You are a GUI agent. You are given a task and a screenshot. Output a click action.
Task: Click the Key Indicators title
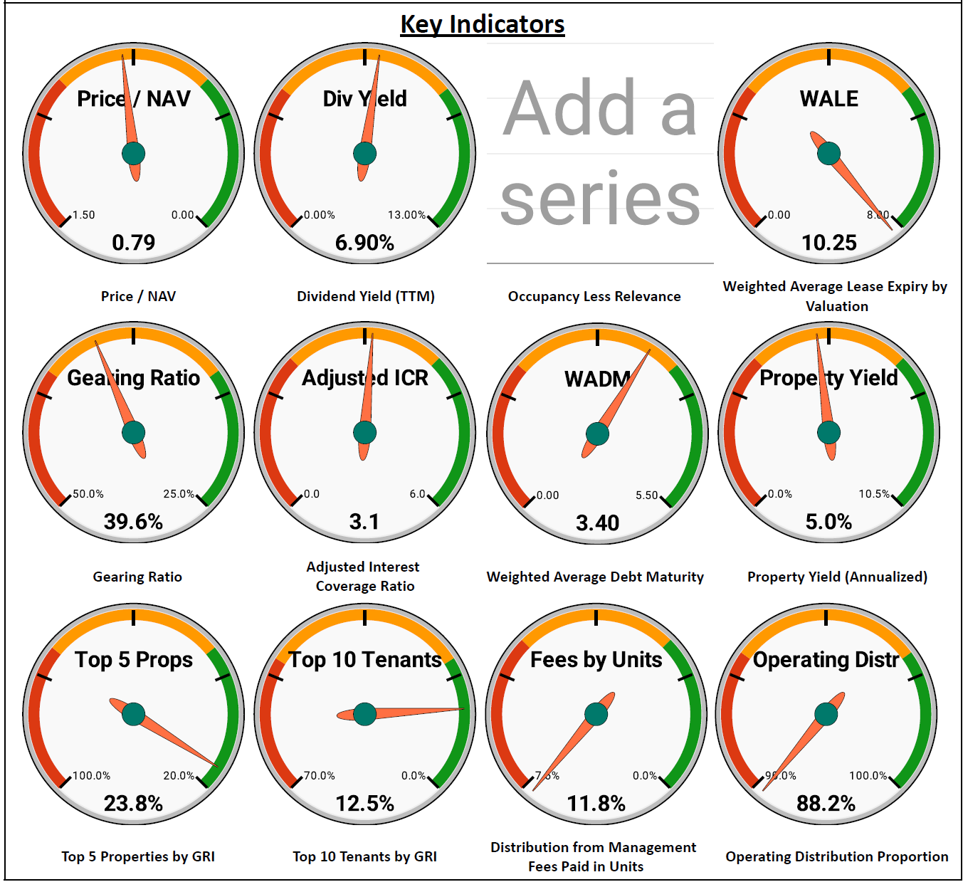pos(482,24)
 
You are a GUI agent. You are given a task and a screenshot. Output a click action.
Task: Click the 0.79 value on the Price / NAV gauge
pos(133,243)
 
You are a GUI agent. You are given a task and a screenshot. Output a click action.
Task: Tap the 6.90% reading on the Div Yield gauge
pos(364,243)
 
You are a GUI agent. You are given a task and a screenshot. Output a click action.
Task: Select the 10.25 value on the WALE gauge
pos(828,243)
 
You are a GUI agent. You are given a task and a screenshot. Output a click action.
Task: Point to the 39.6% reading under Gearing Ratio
pos(133,522)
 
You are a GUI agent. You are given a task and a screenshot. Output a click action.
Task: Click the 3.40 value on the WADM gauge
pos(597,523)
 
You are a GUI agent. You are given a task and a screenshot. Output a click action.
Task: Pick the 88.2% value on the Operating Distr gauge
pos(826,804)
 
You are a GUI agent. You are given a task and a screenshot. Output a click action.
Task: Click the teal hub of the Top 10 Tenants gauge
pos(364,713)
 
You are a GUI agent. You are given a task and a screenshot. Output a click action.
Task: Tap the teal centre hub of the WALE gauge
pos(828,153)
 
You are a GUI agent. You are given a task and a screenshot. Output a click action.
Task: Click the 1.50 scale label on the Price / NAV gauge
pos(84,215)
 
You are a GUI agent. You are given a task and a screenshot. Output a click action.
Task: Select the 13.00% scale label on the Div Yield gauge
pos(406,215)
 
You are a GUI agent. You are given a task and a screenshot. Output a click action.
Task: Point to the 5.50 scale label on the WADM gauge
pos(647,495)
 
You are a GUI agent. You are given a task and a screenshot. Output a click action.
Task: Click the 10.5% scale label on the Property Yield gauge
pos(874,494)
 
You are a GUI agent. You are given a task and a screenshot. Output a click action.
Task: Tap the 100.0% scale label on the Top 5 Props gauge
pos(92,776)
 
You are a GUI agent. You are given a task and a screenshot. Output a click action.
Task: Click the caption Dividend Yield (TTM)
pos(365,296)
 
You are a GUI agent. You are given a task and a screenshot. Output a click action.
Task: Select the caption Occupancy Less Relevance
pos(594,296)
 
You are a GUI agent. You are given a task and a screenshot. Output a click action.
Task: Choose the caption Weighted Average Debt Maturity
pos(595,577)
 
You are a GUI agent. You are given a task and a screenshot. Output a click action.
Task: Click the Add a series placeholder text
pos(599,153)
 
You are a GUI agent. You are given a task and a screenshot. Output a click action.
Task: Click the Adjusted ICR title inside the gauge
pos(364,378)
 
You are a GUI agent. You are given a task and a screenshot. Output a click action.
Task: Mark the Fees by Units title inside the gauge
pos(596,660)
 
